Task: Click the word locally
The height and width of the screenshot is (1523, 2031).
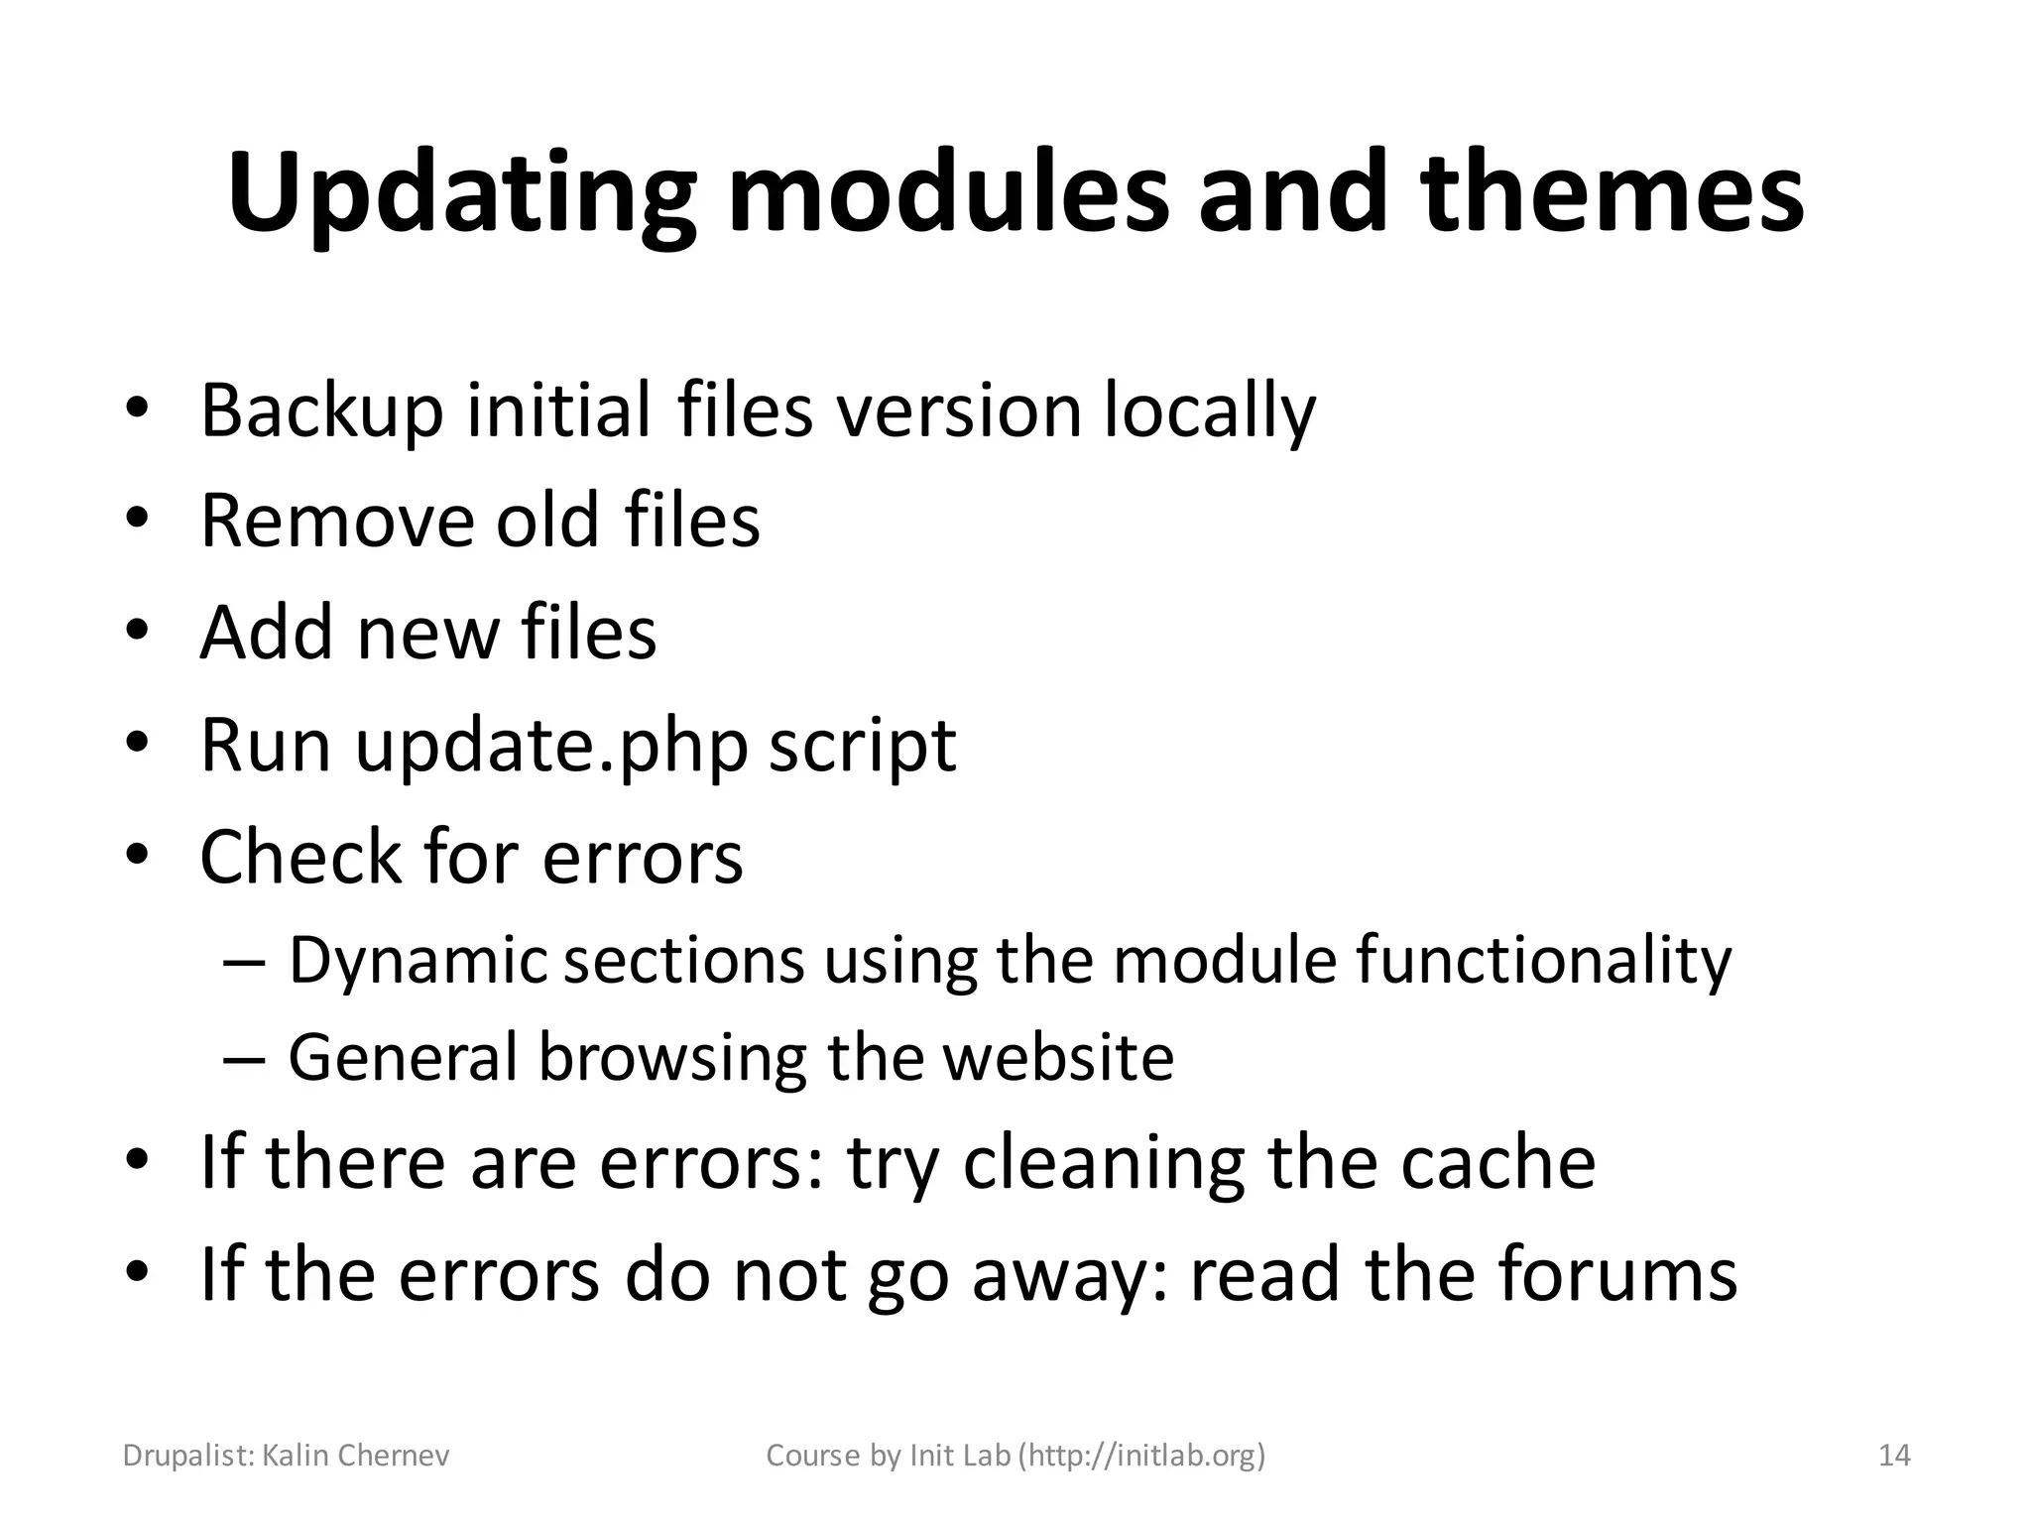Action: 1210,410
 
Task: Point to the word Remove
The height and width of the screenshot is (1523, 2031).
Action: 338,522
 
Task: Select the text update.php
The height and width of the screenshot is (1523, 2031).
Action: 551,746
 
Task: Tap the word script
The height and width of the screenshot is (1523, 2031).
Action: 863,746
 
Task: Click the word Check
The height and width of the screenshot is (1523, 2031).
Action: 298,857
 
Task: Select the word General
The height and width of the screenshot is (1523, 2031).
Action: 403,1057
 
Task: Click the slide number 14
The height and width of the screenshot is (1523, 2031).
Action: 1894,1456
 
